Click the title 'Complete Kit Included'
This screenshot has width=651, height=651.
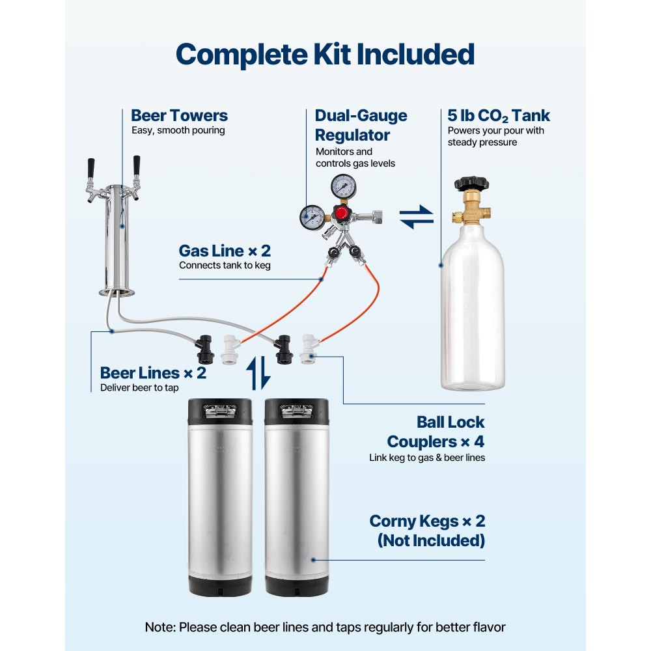(x=325, y=55)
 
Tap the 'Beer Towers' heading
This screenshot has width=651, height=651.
(x=179, y=116)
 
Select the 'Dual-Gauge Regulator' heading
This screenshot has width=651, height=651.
(x=361, y=126)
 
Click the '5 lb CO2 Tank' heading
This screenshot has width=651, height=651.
(x=499, y=116)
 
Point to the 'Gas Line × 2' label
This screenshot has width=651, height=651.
(x=225, y=251)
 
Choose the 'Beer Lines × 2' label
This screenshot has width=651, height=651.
(x=153, y=373)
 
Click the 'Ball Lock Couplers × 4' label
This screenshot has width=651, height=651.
(x=436, y=432)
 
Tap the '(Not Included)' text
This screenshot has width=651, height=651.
(x=431, y=540)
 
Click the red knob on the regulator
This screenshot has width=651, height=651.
(x=340, y=214)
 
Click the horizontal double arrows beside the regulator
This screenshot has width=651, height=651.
(x=416, y=217)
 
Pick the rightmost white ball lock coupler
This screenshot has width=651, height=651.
(x=308, y=346)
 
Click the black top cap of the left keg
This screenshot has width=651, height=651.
(x=220, y=410)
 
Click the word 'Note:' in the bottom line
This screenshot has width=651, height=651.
(x=160, y=628)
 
